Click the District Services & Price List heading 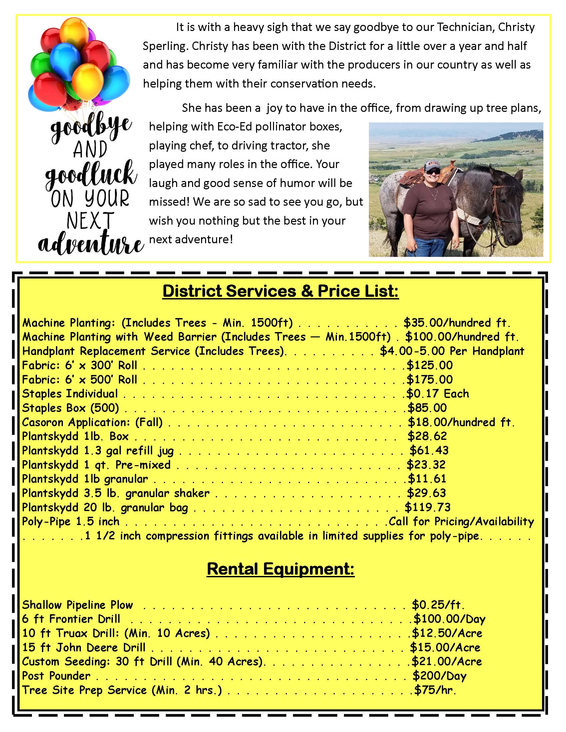tap(280, 291)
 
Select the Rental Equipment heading tap(280, 569)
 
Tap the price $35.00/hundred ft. tap(457, 323)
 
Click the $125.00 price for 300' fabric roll tap(429, 365)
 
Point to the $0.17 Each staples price tap(437, 394)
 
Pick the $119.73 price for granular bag tap(427, 507)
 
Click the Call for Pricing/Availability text tap(461, 521)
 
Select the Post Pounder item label tap(56, 676)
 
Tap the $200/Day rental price tap(439, 676)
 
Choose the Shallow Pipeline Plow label tap(78, 605)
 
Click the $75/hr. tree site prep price tap(435, 690)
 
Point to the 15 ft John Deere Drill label tap(84, 647)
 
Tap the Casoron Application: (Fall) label tap(92, 422)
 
